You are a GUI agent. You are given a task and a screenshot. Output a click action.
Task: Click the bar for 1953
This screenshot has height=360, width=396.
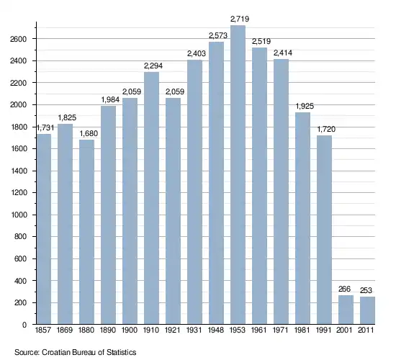[238, 174]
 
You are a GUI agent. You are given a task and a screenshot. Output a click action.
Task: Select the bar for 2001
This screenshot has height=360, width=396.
[346, 310]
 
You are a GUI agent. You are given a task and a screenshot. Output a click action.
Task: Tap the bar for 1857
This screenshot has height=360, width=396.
[44, 229]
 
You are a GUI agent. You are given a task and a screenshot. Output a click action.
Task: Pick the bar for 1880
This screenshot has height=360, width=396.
[86, 232]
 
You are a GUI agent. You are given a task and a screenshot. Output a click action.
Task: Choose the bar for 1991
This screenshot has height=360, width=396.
[324, 230]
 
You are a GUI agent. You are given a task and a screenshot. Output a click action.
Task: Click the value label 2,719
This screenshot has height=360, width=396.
[240, 19]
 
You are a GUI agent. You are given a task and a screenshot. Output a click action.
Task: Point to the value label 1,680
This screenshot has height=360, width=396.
[89, 133]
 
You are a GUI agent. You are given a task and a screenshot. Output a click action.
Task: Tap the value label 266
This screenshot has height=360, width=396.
[344, 289]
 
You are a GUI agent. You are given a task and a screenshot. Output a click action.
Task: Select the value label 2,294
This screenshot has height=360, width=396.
[153, 66]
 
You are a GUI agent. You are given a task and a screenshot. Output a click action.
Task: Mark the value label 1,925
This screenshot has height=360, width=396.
[305, 106]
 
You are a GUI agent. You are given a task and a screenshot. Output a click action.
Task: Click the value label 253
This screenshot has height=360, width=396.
[366, 290]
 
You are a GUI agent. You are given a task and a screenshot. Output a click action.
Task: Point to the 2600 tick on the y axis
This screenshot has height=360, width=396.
[18, 39]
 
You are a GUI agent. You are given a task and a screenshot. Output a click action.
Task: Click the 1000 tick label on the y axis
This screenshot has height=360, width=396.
[18, 215]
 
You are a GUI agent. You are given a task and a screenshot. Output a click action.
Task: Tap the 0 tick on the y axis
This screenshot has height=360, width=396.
[24, 325]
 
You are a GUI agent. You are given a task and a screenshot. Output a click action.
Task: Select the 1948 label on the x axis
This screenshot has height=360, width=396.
[216, 330]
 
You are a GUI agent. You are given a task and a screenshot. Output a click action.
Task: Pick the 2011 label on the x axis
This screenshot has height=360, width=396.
[366, 330]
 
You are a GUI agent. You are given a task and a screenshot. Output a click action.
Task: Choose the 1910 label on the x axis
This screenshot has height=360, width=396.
[151, 330]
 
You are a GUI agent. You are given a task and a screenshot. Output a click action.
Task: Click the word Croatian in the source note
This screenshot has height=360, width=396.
[56, 352]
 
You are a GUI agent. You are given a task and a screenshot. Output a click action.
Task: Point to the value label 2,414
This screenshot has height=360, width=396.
[283, 53]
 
